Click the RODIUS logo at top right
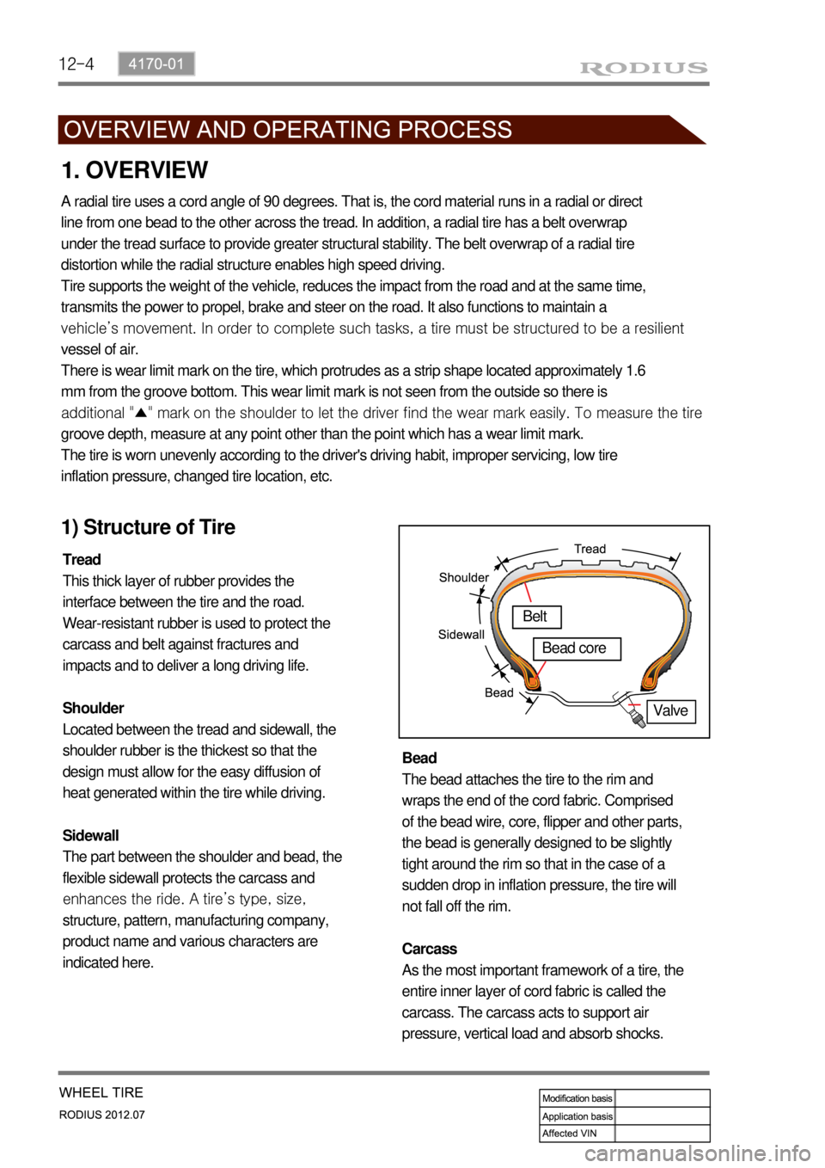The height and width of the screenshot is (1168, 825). pyautogui.click(x=644, y=68)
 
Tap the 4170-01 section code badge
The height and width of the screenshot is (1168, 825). pyautogui.click(x=156, y=64)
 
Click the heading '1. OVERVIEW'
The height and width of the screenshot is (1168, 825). pyautogui.click(x=135, y=170)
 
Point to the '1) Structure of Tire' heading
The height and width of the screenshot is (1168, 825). pyautogui.click(x=149, y=527)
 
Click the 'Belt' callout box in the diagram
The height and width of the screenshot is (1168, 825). pyautogui.click(x=535, y=617)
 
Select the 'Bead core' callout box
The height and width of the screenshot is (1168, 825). pyautogui.click(x=576, y=649)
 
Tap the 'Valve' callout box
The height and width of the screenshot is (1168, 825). pyautogui.click(x=670, y=711)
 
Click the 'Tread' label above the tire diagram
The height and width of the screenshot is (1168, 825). pyautogui.click(x=590, y=549)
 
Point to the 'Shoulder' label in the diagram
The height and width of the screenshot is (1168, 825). pyautogui.click(x=463, y=578)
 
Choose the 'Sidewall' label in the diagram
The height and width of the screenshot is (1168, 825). pyautogui.click(x=461, y=635)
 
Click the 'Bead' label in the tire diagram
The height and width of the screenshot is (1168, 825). pyautogui.click(x=498, y=692)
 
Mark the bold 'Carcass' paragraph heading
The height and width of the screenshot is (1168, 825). pyautogui.click(x=430, y=949)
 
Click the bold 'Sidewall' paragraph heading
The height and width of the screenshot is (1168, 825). pyautogui.click(x=90, y=835)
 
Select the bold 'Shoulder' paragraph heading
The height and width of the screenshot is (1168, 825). pyautogui.click(x=93, y=708)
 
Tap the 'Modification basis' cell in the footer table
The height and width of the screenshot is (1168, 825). pyautogui.click(x=577, y=1098)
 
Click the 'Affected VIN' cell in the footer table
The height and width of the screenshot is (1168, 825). pyautogui.click(x=571, y=1134)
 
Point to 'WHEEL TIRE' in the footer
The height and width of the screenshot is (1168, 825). pyautogui.click(x=101, y=1092)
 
